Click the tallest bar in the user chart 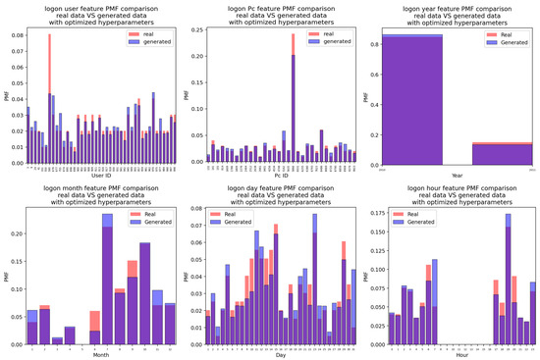50,99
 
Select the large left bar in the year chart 412,98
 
